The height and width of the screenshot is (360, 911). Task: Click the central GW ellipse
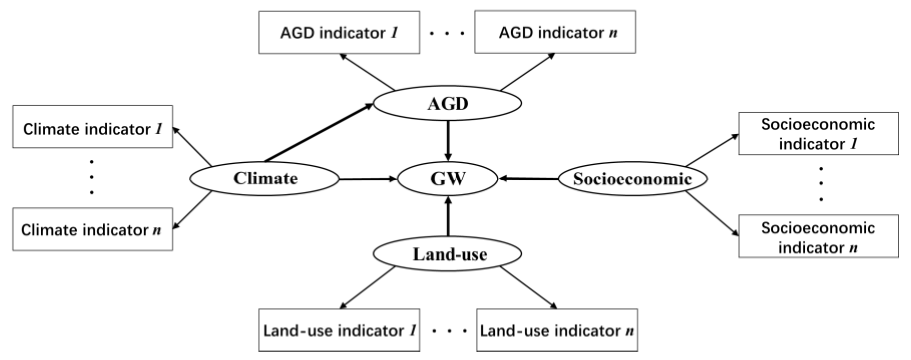coord(448,179)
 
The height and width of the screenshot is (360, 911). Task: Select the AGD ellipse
coord(448,103)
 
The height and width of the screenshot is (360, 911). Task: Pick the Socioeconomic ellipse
coord(633,178)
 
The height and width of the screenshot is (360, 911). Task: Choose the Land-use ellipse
coord(448,254)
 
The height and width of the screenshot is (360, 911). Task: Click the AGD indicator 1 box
coord(339,32)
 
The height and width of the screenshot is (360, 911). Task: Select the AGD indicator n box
coord(555,32)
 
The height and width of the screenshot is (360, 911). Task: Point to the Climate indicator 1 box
coord(93,126)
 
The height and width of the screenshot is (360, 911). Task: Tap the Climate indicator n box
coord(93,229)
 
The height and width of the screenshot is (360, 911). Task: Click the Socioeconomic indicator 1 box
coord(818,133)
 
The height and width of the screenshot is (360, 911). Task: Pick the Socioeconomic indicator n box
coord(818,236)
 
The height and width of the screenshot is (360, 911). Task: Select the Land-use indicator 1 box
coord(339,330)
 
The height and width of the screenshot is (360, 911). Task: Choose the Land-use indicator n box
coord(557,330)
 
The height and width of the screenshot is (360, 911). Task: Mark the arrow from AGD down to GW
coord(448,140)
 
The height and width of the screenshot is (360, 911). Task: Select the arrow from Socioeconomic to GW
coord(529,179)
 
